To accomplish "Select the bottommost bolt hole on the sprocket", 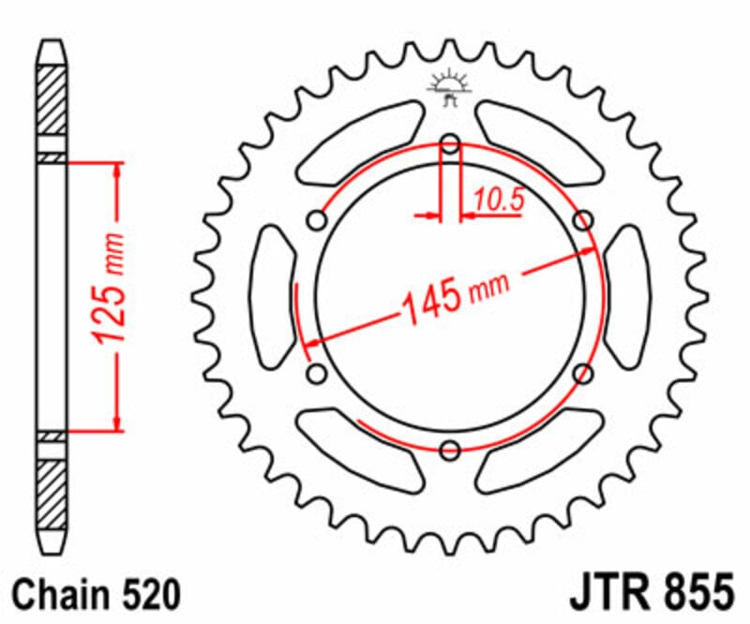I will point(451,451).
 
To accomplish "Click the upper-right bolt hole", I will point(584,220).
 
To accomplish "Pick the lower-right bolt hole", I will point(584,375).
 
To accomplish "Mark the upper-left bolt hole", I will point(317,220).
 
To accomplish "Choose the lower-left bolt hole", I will point(317,375).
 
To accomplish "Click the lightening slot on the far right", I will point(626,297).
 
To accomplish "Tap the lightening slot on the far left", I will point(274,297).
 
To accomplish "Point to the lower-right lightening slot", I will point(539,452).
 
